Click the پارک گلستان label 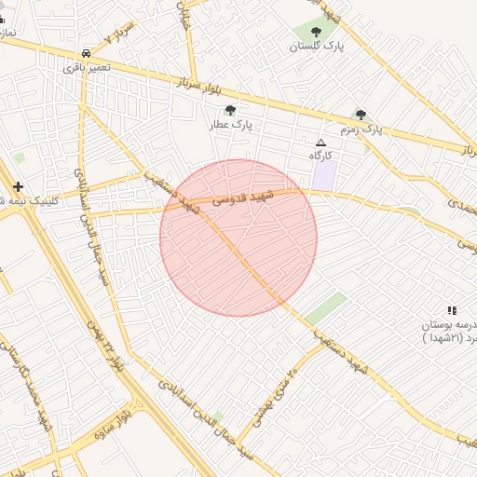click(x=316, y=46)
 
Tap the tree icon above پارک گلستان click(x=316, y=32)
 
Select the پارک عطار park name click(x=231, y=123)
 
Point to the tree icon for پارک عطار click(x=231, y=110)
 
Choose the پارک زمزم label click(x=361, y=129)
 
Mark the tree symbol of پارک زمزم click(x=361, y=115)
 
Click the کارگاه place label click(x=321, y=156)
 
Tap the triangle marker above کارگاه click(x=321, y=143)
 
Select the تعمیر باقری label click(x=87, y=67)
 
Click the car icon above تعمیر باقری click(x=86, y=54)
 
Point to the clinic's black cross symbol click(x=18, y=186)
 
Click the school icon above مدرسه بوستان click(x=452, y=310)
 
